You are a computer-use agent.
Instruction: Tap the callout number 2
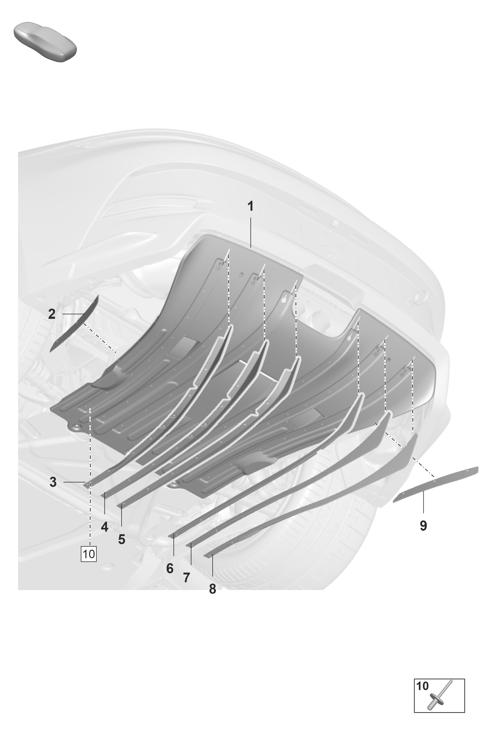[52, 314]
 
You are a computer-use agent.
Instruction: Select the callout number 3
[53, 482]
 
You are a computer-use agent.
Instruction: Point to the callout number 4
[104, 527]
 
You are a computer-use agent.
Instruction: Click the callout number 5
[121, 539]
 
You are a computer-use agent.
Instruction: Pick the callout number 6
[170, 568]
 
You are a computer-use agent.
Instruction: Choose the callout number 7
[187, 578]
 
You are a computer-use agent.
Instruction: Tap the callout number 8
[212, 589]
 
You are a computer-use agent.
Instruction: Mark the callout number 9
[423, 526]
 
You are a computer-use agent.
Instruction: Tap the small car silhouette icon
[45, 42]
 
